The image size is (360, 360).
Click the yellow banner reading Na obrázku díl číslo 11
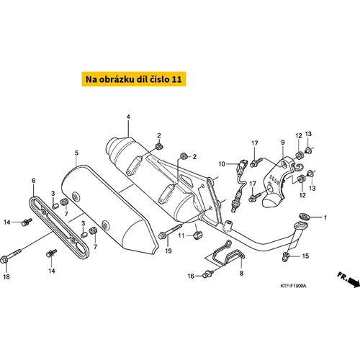tap(134, 79)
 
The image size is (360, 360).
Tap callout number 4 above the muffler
tap(128, 117)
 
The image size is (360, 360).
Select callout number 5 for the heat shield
tap(76, 153)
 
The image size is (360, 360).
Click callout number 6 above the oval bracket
tap(34, 181)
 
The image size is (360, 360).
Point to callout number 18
tap(6, 276)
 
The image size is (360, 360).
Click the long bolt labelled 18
tap(11, 256)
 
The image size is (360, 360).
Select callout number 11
tap(181, 235)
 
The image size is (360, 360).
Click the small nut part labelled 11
tap(198, 235)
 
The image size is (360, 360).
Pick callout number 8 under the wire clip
tap(241, 273)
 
